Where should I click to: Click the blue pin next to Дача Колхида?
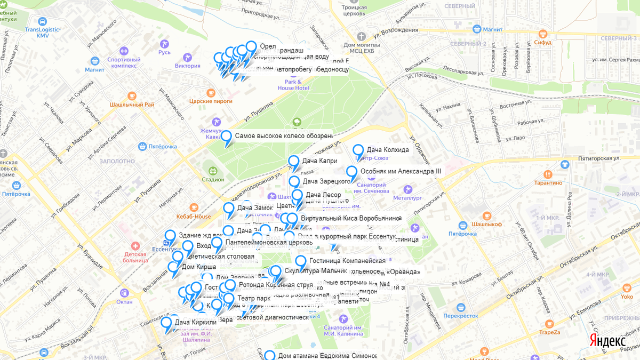click(x=358, y=151)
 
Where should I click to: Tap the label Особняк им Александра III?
click(x=401, y=171)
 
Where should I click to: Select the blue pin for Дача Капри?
click(x=293, y=161)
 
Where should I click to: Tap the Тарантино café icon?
click(x=548, y=174)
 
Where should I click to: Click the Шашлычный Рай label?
click(x=131, y=105)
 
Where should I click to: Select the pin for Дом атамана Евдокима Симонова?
click(x=269, y=356)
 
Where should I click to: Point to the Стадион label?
click(x=213, y=179)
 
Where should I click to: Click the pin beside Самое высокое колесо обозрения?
click(x=226, y=137)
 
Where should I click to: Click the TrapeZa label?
click(x=549, y=332)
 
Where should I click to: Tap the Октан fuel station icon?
click(x=124, y=293)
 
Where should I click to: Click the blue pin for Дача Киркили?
click(x=166, y=323)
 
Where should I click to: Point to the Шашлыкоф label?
click(x=486, y=224)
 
